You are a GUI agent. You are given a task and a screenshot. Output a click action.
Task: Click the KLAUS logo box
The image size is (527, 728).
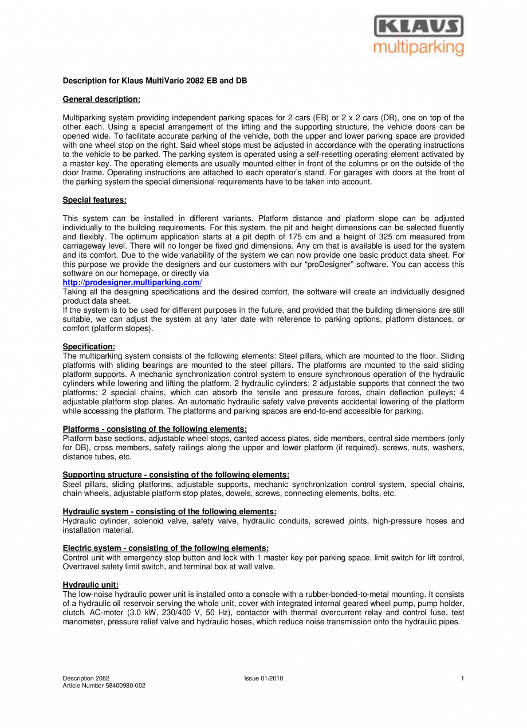419,26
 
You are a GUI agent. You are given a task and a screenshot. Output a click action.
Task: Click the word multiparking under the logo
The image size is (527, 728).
419,47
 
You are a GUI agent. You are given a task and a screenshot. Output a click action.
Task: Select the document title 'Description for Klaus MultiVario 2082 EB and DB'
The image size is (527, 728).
155,81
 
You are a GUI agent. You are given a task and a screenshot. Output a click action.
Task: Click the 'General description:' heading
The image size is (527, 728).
101,99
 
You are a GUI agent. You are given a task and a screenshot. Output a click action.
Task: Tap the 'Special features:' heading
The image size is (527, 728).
95,200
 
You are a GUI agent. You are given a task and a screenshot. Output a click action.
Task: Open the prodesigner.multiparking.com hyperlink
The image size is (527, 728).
132,282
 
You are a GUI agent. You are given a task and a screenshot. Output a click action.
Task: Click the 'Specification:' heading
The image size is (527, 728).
89,347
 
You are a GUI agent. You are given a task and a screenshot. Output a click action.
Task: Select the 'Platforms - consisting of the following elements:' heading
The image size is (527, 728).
155,429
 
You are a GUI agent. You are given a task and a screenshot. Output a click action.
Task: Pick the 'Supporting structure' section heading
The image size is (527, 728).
176,475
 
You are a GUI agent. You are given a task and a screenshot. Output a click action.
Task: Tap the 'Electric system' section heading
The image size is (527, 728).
166,548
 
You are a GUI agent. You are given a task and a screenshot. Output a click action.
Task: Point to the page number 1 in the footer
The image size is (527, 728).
462,679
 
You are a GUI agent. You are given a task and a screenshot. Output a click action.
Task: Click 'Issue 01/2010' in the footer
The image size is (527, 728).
263,679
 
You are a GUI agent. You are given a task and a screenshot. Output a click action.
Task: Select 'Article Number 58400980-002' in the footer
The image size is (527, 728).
104,686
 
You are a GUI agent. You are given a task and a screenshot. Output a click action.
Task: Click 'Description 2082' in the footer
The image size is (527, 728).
86,679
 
